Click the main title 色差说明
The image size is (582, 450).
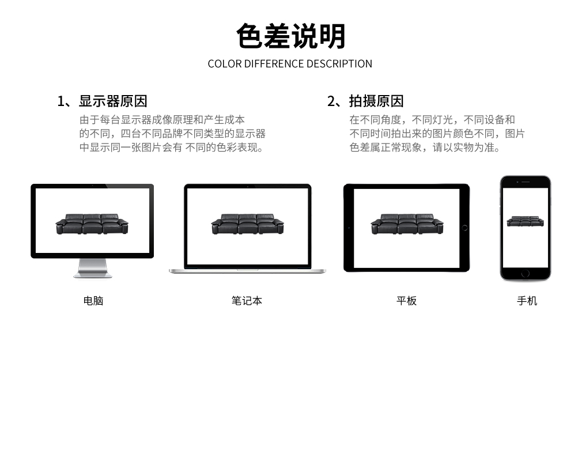pyautogui.click(x=290, y=36)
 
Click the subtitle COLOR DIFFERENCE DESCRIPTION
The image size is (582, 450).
pyautogui.click(x=290, y=64)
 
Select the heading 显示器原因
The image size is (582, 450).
pyautogui.click(x=113, y=101)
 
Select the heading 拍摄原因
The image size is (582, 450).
pyautogui.click(x=376, y=101)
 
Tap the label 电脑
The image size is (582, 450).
pyautogui.click(x=93, y=300)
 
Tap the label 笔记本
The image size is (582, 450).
pyautogui.click(x=247, y=300)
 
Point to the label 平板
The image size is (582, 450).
pyautogui.click(x=406, y=300)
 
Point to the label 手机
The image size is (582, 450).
pyautogui.click(x=527, y=300)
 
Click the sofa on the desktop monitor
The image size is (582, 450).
pyautogui.click(x=92, y=224)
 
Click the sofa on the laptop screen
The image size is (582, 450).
pyautogui.click(x=248, y=224)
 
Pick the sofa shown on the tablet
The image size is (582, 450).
pyautogui.click(x=407, y=224)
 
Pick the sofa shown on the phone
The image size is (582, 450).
pyautogui.click(x=525, y=221)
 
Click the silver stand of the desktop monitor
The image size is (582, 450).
pyautogui.click(x=92, y=268)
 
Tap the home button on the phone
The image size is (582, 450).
pyautogui.click(x=525, y=274)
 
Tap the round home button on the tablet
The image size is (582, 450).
pyautogui.click(x=464, y=228)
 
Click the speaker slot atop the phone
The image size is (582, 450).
pyautogui.click(x=526, y=182)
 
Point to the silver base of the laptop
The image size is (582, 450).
pyautogui.click(x=247, y=271)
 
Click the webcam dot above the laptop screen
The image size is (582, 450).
pyautogui.click(x=248, y=187)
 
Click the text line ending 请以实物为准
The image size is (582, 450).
pyautogui.click(x=425, y=148)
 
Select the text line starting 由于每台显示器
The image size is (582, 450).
pyautogui.click(x=162, y=119)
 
